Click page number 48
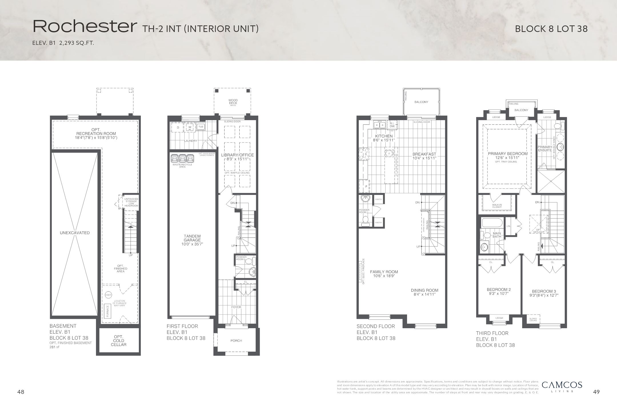click(21, 392)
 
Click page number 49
click(596, 392)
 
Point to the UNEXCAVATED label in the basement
click(75, 233)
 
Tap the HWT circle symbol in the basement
click(108, 295)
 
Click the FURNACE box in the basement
click(108, 311)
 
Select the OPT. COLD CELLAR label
click(119, 341)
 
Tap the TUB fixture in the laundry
click(201, 127)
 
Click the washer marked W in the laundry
click(189, 127)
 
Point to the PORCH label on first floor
click(236, 341)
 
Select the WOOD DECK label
click(233, 102)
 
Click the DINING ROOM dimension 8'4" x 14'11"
click(424, 294)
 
